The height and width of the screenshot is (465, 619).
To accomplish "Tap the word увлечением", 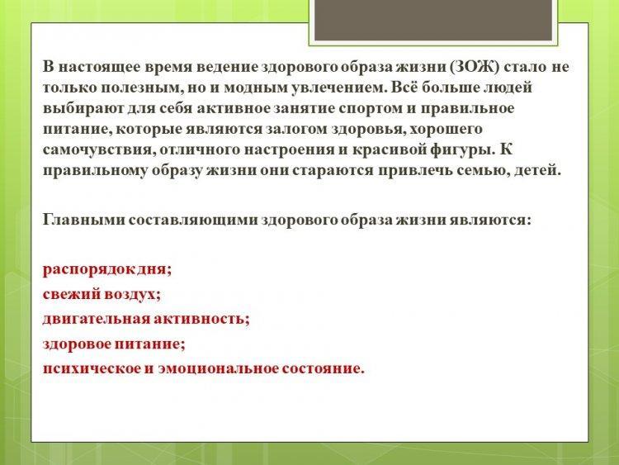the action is (339, 88).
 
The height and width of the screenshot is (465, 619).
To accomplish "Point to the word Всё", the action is (404, 87).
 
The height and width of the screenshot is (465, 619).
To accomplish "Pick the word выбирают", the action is (83, 108).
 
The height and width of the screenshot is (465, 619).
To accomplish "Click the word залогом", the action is (296, 129).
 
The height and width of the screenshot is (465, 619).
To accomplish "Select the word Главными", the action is (83, 219).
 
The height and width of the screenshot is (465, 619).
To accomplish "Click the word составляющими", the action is (193, 220).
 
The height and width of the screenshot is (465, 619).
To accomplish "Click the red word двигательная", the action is (96, 319).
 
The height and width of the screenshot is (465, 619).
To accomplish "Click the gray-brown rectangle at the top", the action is (433, 20).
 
